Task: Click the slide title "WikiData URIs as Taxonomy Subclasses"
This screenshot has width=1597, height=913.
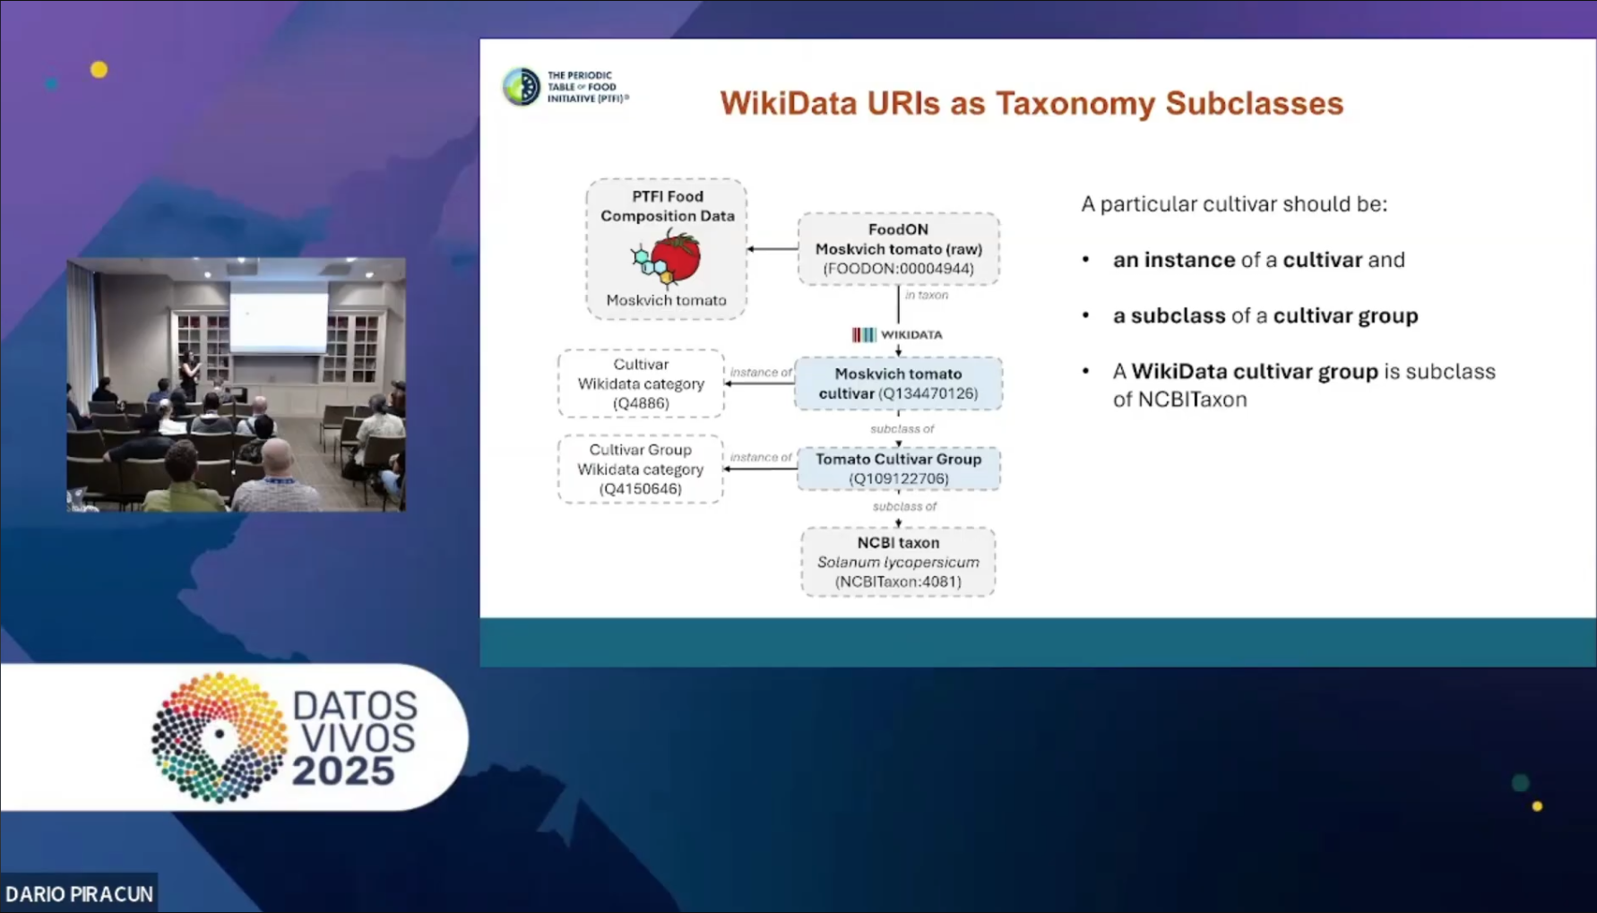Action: point(1031,104)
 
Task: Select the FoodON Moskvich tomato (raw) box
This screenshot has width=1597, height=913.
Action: point(898,248)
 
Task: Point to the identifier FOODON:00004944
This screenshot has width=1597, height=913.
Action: point(898,269)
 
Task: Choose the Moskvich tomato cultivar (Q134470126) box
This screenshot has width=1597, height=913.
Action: point(898,383)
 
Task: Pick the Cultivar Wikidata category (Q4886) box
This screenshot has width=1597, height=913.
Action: point(641,383)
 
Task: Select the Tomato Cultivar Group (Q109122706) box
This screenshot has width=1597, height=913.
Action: point(898,469)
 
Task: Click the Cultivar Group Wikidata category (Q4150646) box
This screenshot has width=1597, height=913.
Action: point(641,469)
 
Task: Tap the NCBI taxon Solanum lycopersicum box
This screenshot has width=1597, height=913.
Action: point(898,562)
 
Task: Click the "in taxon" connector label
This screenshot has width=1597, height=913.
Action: point(926,295)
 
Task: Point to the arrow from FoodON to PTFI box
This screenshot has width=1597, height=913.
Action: point(772,248)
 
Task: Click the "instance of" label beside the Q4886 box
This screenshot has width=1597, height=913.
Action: point(760,372)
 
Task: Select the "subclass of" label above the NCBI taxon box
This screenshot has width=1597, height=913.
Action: point(903,506)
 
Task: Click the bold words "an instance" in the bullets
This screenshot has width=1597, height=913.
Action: point(1173,260)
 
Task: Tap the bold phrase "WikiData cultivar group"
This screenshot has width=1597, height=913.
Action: point(1254,371)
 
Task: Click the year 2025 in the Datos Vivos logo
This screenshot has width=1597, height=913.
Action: point(343,771)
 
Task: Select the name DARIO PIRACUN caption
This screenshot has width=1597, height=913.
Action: point(79,894)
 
